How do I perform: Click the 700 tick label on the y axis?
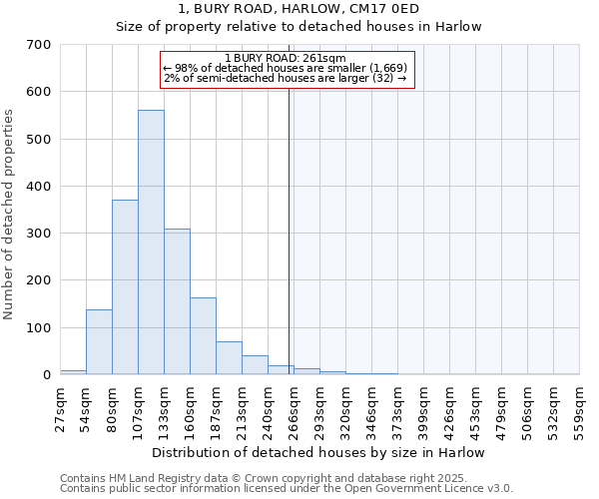(39, 45)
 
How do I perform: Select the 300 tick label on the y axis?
(39, 234)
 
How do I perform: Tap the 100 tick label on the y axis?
(39, 328)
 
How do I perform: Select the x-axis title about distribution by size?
(318, 452)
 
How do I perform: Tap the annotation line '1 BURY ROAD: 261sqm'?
(286, 58)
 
